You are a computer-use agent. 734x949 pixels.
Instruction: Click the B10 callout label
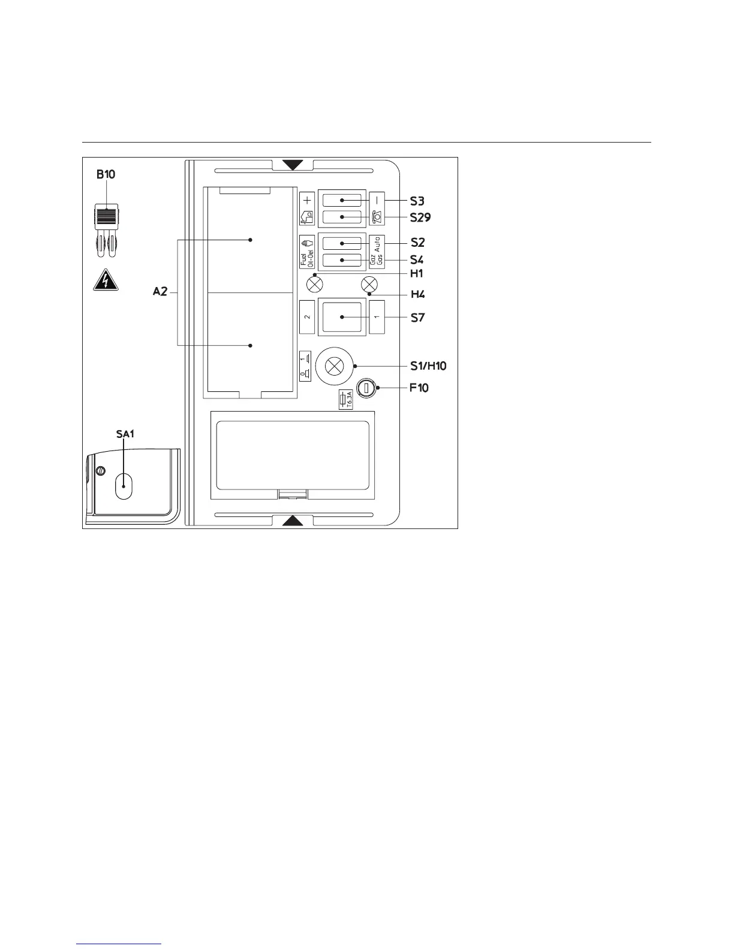click(106, 175)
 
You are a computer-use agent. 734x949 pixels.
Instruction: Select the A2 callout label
click(160, 292)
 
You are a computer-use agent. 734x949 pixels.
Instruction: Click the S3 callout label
click(417, 201)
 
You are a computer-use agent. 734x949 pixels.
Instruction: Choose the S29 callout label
click(420, 217)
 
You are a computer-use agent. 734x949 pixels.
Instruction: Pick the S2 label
click(417, 243)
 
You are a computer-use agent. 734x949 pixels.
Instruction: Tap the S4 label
click(417, 260)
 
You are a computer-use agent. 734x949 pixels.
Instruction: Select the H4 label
click(417, 295)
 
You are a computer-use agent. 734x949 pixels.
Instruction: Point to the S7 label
click(417, 318)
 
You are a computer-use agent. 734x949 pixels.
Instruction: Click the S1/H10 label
click(428, 365)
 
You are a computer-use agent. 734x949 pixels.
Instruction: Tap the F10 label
click(419, 388)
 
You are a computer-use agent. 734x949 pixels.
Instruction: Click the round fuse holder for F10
click(365, 388)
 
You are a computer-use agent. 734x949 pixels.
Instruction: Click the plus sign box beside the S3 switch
click(307, 200)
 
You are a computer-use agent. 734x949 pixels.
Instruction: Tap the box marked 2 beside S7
click(307, 317)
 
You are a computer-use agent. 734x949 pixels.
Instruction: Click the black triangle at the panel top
click(293, 165)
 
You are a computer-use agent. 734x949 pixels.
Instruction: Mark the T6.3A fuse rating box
click(345, 400)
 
